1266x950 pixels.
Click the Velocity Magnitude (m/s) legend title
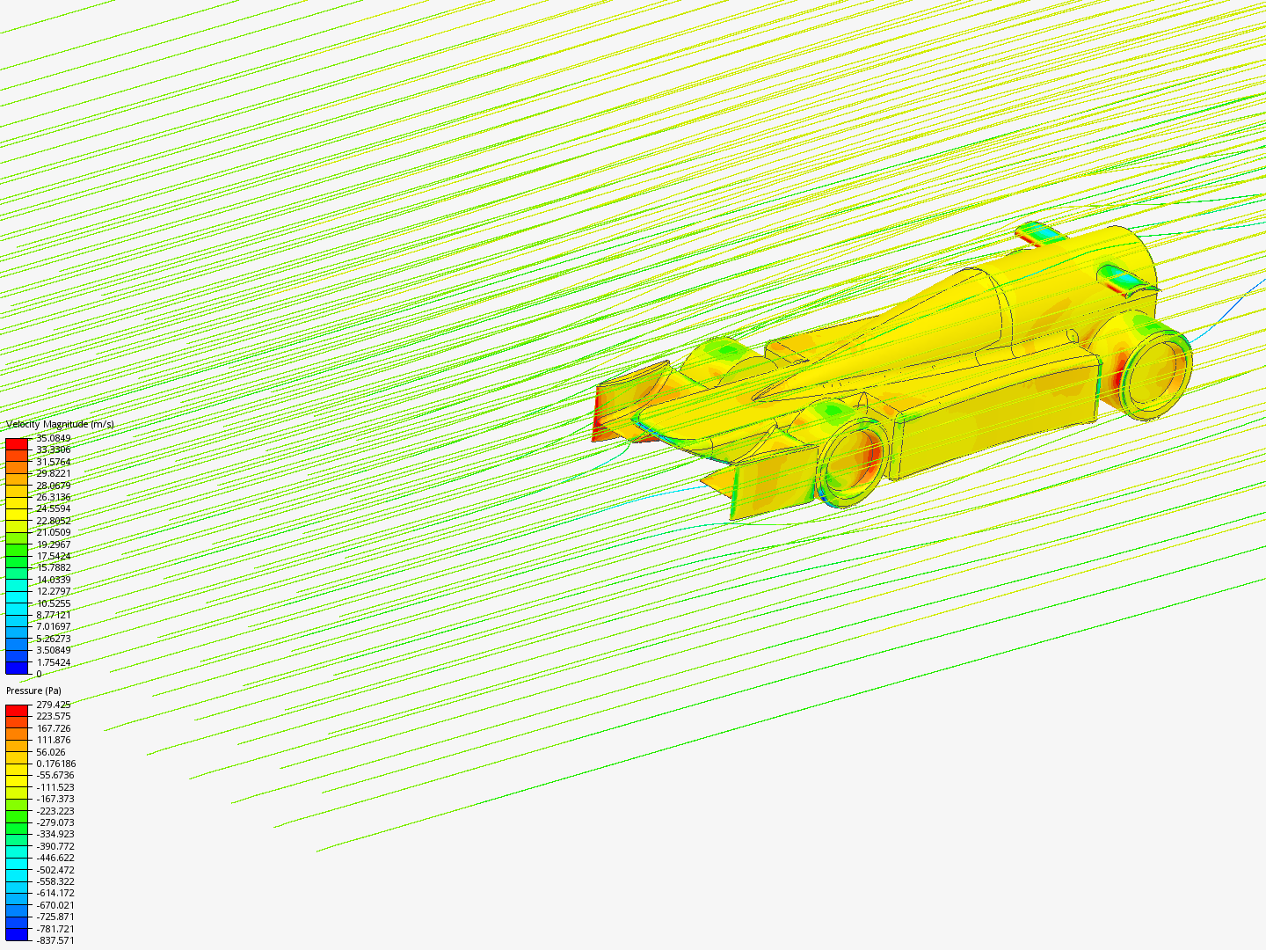pos(60,425)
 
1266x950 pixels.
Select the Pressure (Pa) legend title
pos(33,691)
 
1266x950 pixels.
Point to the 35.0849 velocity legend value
pos(53,438)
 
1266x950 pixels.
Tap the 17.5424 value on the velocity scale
pos(53,556)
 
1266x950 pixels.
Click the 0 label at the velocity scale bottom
pos(40,674)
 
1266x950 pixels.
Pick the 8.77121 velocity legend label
pos(53,615)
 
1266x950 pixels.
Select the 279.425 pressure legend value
pos(53,705)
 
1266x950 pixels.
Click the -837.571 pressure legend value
pos(55,940)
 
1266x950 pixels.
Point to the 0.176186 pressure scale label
pos(55,764)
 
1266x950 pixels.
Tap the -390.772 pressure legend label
pos(55,846)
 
